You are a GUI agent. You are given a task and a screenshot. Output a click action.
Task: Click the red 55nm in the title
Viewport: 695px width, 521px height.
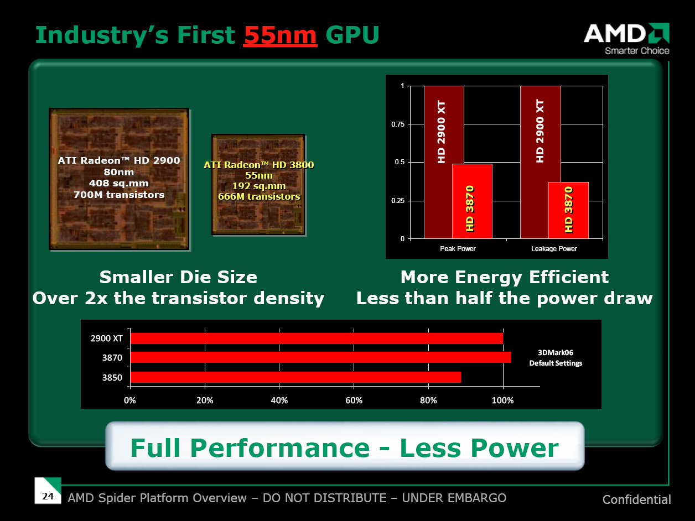[280, 35]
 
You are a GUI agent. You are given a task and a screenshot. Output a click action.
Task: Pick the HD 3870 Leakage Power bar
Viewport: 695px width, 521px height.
[568, 210]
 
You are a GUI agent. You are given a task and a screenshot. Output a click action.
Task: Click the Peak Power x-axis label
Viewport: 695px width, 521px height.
[458, 249]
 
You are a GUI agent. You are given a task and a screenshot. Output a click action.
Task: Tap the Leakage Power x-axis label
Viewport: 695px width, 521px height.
[554, 249]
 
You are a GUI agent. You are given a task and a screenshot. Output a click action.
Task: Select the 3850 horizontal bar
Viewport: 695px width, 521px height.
[295, 377]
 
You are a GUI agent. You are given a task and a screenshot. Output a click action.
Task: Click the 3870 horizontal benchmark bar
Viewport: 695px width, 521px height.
[320, 357]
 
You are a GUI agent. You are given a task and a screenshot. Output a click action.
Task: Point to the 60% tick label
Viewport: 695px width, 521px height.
[354, 400]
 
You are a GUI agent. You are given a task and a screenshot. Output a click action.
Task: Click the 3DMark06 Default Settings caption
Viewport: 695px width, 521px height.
[556, 357]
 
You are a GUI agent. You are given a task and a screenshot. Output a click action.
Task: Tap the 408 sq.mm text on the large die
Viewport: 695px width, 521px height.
[119, 183]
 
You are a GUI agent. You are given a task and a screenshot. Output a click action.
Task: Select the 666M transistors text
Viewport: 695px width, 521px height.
[259, 196]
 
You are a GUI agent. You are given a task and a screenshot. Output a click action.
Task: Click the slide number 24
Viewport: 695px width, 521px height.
[48, 496]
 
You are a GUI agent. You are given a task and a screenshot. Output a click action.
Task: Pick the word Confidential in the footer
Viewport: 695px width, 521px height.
[636, 500]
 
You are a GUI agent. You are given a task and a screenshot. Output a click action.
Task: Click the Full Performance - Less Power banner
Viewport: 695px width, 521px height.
[344, 447]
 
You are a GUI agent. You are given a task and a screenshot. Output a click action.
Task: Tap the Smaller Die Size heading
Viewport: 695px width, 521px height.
[178, 277]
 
